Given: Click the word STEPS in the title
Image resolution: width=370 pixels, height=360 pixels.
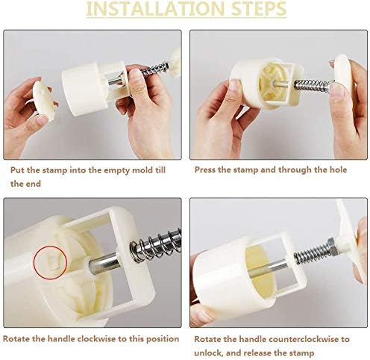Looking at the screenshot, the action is pos(259,9).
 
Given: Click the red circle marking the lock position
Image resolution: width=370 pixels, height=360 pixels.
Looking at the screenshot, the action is pos(51,262).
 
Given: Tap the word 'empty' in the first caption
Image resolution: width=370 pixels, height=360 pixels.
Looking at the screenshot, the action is pos(117,171).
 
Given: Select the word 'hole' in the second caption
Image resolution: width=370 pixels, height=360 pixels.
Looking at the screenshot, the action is pos(338,170).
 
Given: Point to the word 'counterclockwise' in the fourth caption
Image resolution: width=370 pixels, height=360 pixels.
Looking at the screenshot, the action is pos(301,339).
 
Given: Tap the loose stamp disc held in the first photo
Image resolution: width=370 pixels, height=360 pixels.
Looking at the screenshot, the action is pos(44,100).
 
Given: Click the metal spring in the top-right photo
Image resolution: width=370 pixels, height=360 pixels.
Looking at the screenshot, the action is pos(313,86).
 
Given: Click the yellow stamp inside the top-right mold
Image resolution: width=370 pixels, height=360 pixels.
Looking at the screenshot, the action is pos(271,81).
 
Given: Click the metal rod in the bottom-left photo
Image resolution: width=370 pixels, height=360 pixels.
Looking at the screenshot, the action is pos(105,264).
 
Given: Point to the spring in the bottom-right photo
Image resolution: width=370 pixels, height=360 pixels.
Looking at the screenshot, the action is pos(311,255).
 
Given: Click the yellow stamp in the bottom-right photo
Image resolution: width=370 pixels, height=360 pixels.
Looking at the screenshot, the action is pos(261,271).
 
